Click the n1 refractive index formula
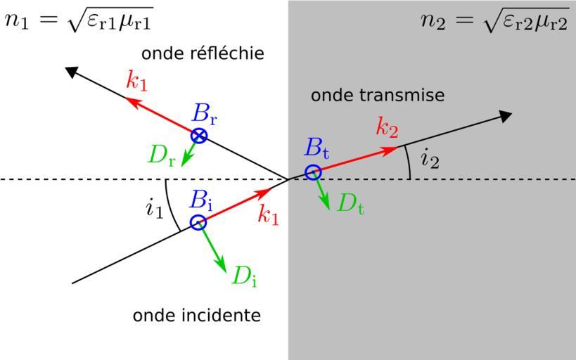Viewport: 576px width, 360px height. point(79,20)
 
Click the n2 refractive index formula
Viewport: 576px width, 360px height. point(494,20)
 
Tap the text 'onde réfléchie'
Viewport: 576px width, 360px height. point(203,53)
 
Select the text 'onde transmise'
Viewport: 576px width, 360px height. point(378,95)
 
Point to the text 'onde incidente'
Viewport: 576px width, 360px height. point(197,315)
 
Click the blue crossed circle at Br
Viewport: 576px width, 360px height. point(200,136)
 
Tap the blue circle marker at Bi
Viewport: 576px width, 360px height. point(199,223)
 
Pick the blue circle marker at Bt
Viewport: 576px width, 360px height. point(313,172)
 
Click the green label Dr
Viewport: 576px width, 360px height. point(161,155)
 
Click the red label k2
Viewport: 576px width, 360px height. point(387,128)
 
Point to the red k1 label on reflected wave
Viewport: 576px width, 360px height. point(138,81)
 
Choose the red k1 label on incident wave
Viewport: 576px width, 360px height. point(268,216)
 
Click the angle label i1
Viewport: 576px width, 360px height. point(154,208)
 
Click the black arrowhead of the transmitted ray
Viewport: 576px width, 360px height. point(504,115)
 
